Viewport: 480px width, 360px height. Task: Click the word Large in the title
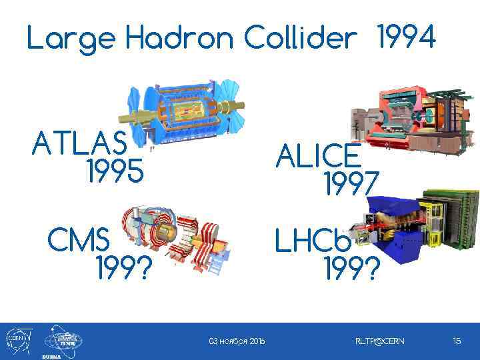(x=71, y=40)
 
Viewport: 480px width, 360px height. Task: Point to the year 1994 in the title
(x=406, y=37)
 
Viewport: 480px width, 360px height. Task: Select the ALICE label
(x=319, y=157)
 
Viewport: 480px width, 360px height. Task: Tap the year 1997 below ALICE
(x=351, y=184)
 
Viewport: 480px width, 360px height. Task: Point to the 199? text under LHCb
(x=351, y=269)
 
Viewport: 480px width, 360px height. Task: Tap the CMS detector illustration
(x=177, y=239)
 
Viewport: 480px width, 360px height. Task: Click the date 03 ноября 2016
(x=237, y=341)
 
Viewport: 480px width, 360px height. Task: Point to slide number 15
(x=457, y=341)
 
